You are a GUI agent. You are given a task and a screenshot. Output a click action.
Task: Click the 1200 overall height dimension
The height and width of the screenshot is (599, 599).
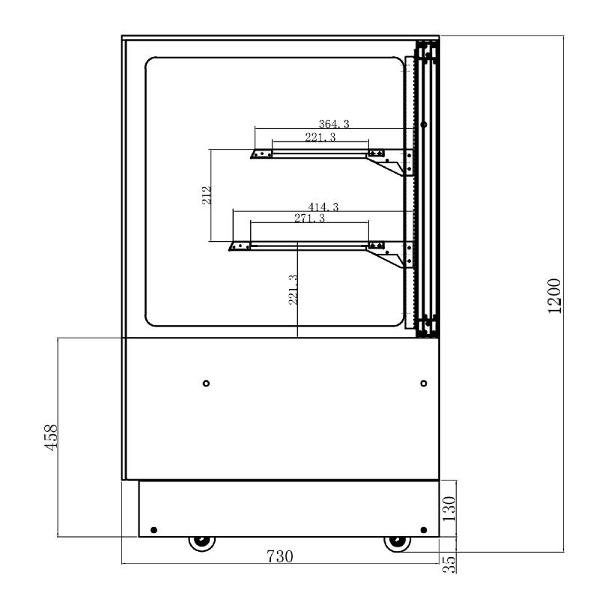[x=555, y=297]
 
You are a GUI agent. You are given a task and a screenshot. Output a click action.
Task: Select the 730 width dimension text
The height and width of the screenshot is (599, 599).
[x=279, y=556]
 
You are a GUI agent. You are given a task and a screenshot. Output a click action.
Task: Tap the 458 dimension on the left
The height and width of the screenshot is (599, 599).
[x=49, y=437]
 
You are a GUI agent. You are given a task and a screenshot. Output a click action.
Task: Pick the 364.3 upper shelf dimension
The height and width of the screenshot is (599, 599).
[x=323, y=124]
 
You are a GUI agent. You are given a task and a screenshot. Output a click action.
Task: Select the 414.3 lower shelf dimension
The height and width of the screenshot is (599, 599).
[x=323, y=207]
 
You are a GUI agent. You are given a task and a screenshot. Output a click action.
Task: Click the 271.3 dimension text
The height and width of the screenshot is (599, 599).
[x=309, y=218]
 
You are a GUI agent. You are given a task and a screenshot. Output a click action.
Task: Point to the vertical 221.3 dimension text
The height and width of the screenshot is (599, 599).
[x=293, y=289]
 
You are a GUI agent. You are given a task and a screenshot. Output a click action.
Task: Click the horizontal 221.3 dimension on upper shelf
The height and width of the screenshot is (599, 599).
[x=320, y=137]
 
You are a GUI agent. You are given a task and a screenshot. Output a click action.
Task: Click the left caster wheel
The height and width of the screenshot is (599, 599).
[x=201, y=541]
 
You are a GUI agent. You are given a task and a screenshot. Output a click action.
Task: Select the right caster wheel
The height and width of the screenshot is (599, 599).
[x=395, y=541]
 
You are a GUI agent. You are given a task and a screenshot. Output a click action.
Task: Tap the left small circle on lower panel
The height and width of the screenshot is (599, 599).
[x=206, y=383]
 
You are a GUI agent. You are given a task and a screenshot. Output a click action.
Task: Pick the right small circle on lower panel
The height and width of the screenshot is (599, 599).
[x=424, y=383]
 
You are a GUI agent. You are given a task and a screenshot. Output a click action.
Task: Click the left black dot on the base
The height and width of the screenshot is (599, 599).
[x=153, y=529]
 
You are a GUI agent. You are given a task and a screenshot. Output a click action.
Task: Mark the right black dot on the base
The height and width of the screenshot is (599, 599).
[x=423, y=529]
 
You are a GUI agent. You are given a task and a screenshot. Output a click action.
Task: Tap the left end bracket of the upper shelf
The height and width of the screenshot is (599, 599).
[x=261, y=153]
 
